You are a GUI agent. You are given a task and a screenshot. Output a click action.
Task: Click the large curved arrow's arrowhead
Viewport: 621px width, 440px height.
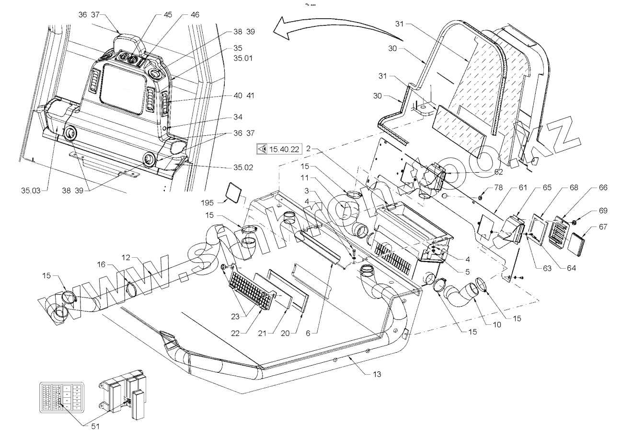(x=278, y=30)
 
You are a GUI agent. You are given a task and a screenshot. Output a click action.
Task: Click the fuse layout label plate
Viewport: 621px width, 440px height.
(x=61, y=397)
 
